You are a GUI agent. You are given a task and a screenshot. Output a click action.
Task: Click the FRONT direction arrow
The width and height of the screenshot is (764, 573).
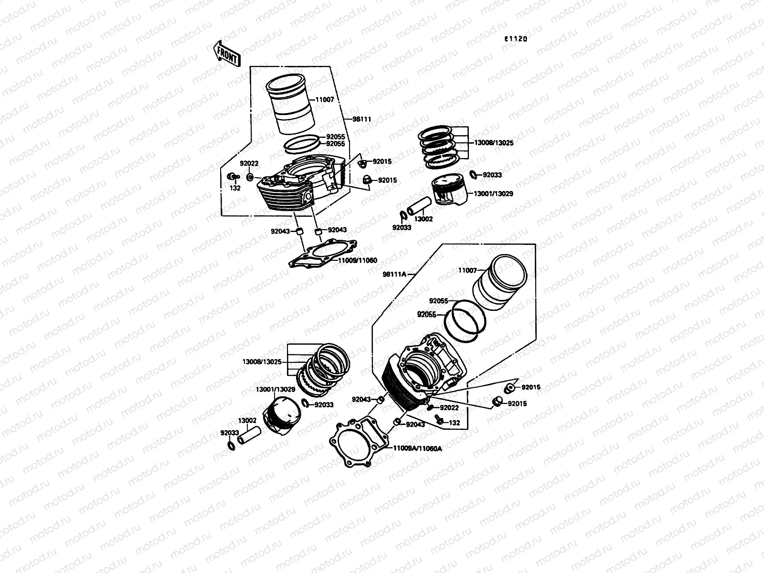tap(227, 53)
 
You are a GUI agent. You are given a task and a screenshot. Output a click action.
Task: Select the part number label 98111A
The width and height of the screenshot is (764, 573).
tap(394, 274)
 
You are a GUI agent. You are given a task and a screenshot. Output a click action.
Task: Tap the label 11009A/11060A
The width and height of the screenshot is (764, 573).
tap(417, 449)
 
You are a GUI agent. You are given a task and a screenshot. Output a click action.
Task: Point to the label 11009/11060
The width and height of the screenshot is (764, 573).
tap(357, 260)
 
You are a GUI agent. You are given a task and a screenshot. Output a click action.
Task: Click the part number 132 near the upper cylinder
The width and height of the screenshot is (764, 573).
tap(235, 188)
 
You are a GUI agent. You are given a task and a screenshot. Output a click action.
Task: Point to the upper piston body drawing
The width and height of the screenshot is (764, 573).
tap(449, 191)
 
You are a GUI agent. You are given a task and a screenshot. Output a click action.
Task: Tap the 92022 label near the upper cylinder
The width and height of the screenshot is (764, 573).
tap(249, 163)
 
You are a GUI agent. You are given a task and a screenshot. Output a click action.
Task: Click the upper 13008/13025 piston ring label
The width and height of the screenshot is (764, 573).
tap(494, 143)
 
